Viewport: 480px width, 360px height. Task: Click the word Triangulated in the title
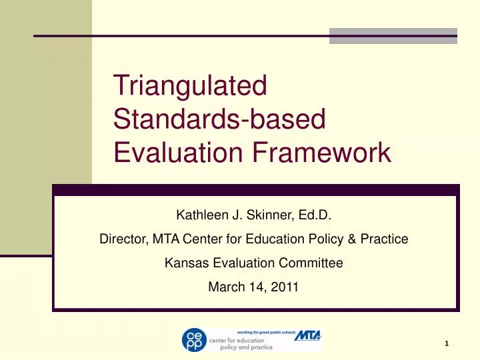[x=190, y=85]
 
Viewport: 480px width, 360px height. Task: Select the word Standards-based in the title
[x=219, y=119]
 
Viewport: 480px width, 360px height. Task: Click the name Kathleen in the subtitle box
[x=198, y=215]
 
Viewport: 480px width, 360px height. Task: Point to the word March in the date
[x=225, y=287]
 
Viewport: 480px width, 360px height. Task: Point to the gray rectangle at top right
[x=393, y=35]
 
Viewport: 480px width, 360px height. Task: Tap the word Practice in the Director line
[x=384, y=239]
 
